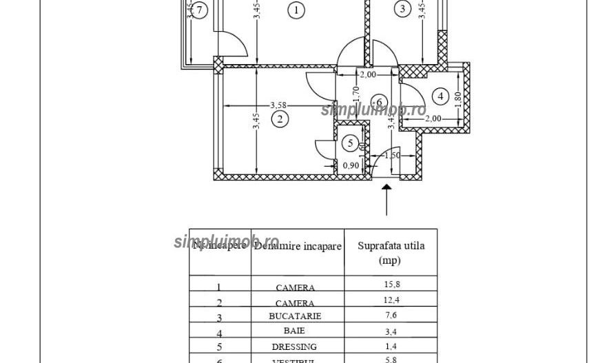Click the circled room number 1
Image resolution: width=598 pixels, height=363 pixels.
tap(296, 10)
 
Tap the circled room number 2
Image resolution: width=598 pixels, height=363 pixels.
tap(280, 119)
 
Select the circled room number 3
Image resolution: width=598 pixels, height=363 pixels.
tap(402, 9)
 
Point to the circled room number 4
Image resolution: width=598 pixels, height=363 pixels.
tap(440, 96)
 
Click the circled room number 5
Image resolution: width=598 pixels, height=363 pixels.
tap(351, 143)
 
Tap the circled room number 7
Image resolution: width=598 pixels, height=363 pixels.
tap(200, 10)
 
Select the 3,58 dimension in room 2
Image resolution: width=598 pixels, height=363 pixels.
tap(278, 105)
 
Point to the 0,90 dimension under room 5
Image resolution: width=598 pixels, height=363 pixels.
tap(351, 165)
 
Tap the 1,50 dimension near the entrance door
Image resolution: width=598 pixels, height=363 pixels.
tap(393, 156)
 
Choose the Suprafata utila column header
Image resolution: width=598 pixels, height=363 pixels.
tap(391, 253)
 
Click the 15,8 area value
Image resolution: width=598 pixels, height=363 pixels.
tap(391, 285)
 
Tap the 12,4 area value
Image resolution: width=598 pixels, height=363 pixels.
tap(391, 301)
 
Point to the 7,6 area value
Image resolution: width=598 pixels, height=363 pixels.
tap(391, 316)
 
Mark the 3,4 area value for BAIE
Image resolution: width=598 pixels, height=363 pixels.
tap(391, 331)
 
